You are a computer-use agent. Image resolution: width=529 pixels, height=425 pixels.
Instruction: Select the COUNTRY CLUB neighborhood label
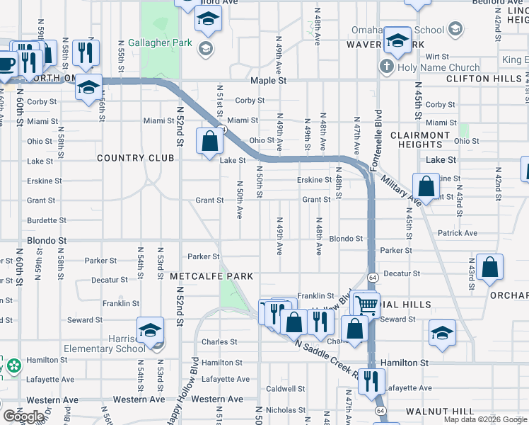coord(135,158)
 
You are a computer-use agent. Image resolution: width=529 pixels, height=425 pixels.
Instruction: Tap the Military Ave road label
coord(400,184)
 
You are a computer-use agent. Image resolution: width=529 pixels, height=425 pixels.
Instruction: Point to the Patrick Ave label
coord(458,233)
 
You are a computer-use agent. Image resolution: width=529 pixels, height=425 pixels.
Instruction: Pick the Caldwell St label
coord(286,389)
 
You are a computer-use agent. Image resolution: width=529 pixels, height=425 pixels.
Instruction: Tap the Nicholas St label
coord(286,409)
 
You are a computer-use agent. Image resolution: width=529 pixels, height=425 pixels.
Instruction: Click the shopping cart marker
coord(366,305)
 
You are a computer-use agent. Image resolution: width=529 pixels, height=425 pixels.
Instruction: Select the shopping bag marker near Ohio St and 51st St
coord(210,140)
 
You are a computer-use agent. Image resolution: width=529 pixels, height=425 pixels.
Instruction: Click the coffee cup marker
coord(6,64)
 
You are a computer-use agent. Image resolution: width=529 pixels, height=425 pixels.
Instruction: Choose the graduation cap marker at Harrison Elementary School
coord(150,329)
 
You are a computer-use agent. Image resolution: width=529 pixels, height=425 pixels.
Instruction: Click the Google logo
coord(23,416)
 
